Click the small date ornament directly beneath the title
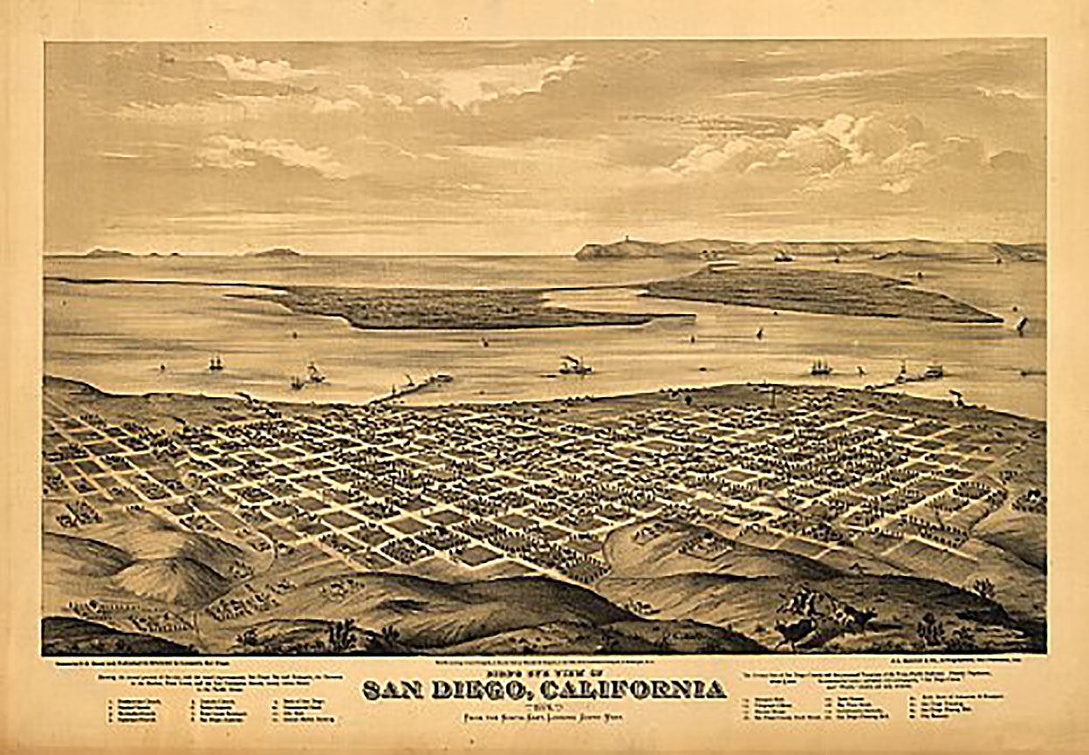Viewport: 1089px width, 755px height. click(544, 704)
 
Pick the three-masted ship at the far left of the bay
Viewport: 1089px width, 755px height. click(216, 360)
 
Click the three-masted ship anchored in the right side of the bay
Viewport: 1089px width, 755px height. click(820, 367)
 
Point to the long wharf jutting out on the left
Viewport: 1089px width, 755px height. click(419, 386)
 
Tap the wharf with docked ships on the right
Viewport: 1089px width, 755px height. click(916, 374)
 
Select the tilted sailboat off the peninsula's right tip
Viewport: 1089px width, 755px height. click(1021, 324)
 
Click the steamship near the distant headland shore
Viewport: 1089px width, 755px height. click(783, 256)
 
